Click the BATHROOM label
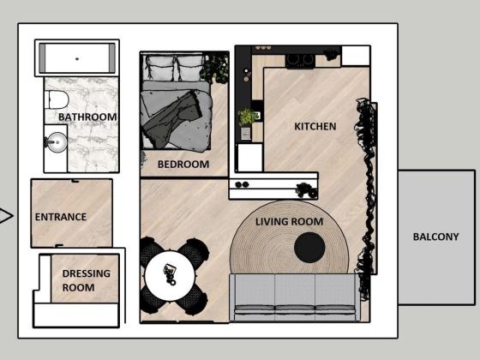tap(87, 117)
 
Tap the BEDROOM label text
tap(183, 165)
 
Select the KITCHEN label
tap(315, 127)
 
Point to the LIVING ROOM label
tap(290, 222)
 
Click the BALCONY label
tap(436, 237)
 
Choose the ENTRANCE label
tap(61, 217)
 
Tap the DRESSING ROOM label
tap(86, 280)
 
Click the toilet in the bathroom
tap(57, 99)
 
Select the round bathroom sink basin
tap(57, 142)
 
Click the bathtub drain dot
tap(77, 59)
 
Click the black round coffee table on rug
tap(309, 248)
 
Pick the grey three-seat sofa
tap(295, 297)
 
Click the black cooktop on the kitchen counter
tap(300, 61)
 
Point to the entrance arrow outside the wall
tap(6, 215)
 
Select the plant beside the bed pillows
tap(215, 69)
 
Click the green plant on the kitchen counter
tap(248, 117)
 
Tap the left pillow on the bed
tap(159, 67)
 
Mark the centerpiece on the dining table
tap(170, 273)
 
